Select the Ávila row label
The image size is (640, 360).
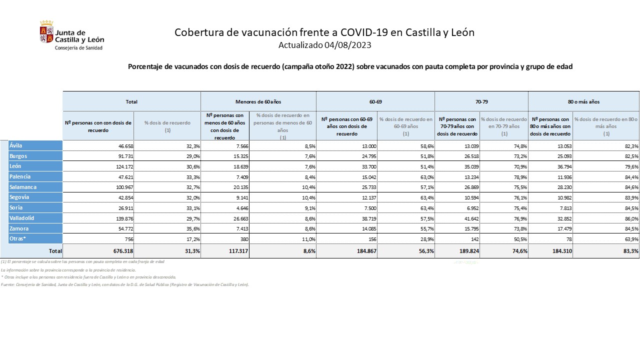coord(16,146)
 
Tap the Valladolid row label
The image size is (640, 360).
coord(22,218)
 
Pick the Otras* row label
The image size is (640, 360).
coord(17,239)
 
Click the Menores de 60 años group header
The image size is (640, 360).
coord(258,101)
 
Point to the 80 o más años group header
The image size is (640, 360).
coord(583,101)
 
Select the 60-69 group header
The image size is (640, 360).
coord(375,101)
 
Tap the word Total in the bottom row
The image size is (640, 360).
coord(55,251)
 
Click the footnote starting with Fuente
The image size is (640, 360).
coord(125,284)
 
